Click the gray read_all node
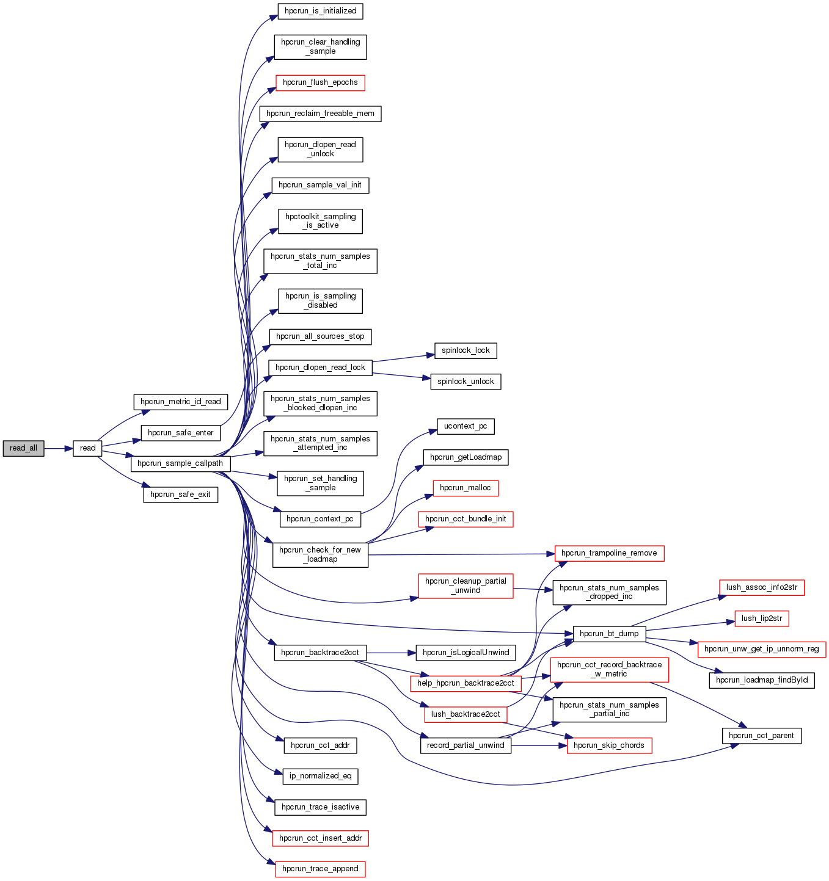pyautogui.click(x=23, y=448)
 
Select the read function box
pyautogui.click(x=87, y=448)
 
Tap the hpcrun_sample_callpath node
pyautogui.click(x=180, y=463)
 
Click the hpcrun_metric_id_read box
pyautogui.click(x=180, y=402)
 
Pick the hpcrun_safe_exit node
pyautogui.click(x=180, y=495)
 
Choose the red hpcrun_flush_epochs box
pyautogui.click(x=320, y=82)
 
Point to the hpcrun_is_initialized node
pyautogui.click(x=320, y=11)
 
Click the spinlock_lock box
pyautogui.click(x=466, y=350)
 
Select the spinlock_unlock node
pyautogui.click(x=466, y=382)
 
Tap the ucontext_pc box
pyautogui.click(x=466, y=426)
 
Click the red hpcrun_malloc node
pyautogui.click(x=466, y=488)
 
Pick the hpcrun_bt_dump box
pyautogui.click(x=609, y=634)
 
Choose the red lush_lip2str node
pyautogui.click(x=762, y=618)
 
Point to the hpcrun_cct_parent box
pyautogui.click(x=761, y=736)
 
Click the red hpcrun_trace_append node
pyautogui.click(x=320, y=869)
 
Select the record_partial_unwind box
pyautogui.click(x=466, y=745)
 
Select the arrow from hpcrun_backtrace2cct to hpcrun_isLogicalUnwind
pyautogui.click(x=391, y=653)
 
